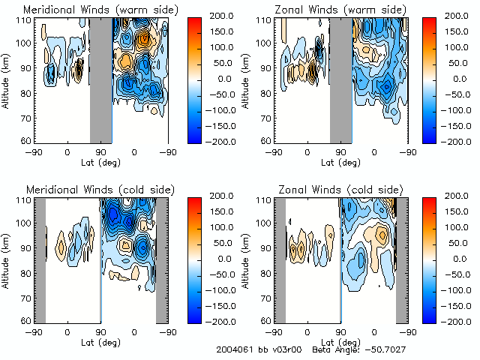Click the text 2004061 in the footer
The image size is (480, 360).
(x=233, y=349)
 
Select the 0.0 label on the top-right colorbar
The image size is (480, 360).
(x=458, y=78)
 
